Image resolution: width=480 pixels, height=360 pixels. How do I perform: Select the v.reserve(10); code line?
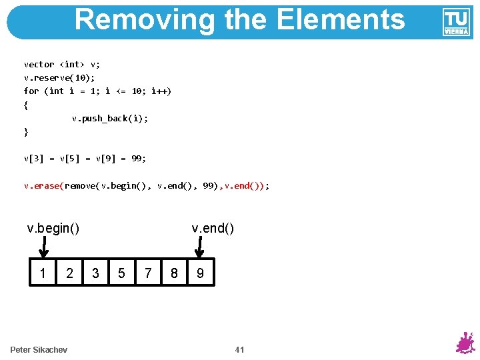pyautogui.click(x=59, y=77)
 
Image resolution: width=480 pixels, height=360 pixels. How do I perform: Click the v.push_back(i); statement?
pyautogui.click(x=110, y=118)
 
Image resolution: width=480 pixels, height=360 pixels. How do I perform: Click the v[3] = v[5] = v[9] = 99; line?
pyautogui.click(x=85, y=159)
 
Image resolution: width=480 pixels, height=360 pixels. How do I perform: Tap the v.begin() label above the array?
pyautogui.click(x=53, y=229)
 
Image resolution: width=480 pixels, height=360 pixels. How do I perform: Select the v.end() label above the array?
pyautogui.click(x=213, y=229)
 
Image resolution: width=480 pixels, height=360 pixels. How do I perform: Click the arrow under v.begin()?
pyautogui.click(x=43, y=249)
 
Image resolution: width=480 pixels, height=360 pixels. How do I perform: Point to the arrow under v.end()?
pyautogui.click(x=199, y=249)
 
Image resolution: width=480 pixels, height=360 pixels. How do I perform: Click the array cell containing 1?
pyautogui.click(x=43, y=273)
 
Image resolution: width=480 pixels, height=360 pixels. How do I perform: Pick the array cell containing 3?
pyautogui.click(x=95, y=273)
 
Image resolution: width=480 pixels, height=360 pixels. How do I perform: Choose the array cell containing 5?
pyautogui.click(x=121, y=273)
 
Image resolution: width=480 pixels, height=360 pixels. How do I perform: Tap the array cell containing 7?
pyautogui.click(x=148, y=273)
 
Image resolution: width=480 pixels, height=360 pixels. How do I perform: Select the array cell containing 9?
pyautogui.click(x=201, y=273)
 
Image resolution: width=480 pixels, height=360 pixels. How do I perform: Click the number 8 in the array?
pyautogui.click(x=174, y=273)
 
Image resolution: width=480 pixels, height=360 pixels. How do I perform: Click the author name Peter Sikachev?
pyautogui.click(x=39, y=350)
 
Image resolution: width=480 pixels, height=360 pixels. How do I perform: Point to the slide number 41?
pyautogui.click(x=240, y=350)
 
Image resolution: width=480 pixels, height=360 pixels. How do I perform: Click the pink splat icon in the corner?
pyautogui.click(x=464, y=343)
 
